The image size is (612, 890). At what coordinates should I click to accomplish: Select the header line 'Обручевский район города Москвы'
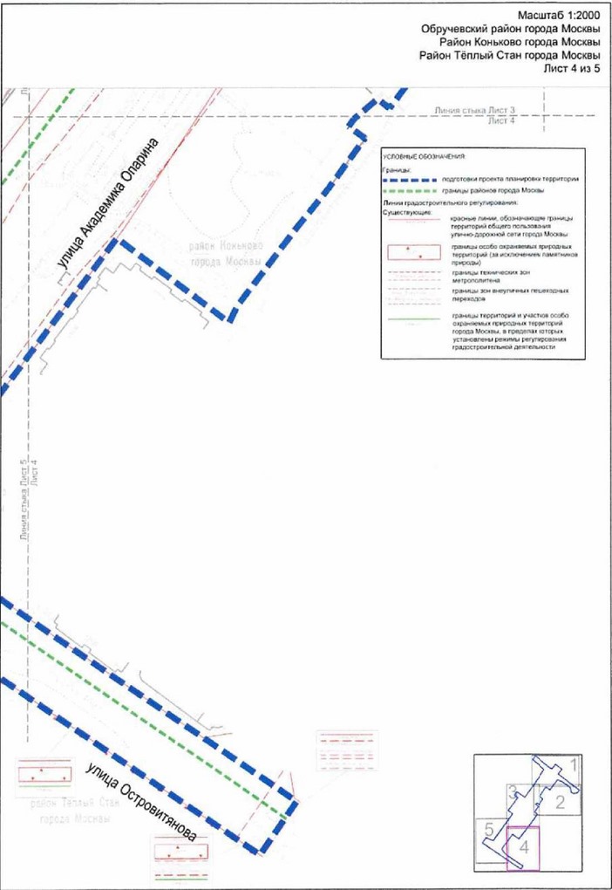511,30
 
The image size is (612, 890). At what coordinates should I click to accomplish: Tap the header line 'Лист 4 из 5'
573,69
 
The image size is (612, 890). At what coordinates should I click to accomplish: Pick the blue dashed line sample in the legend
411,179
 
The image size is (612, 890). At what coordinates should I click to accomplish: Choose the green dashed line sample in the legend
411,191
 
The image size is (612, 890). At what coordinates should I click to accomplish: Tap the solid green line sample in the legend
412,319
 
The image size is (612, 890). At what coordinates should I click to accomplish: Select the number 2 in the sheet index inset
561,801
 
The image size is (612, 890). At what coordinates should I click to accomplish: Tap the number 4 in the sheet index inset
524,846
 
